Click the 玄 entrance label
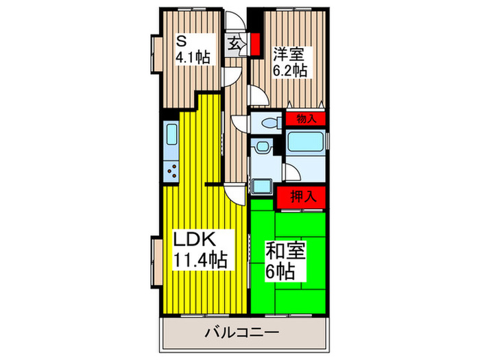234,43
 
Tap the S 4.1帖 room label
190,49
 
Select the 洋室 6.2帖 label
288,60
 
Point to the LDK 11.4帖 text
199,250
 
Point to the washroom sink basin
261,149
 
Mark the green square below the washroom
261,187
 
